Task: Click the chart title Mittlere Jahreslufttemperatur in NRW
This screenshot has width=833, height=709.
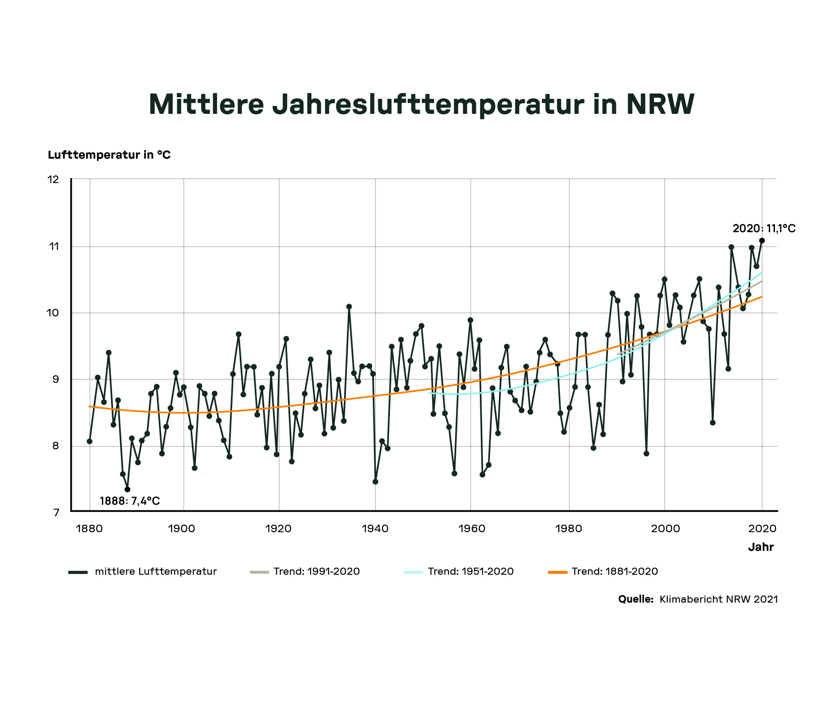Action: (x=421, y=105)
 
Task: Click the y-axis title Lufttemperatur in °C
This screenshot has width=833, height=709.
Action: (x=109, y=155)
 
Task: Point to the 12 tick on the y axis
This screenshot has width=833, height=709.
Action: (x=53, y=179)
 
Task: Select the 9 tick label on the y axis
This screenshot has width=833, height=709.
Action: (x=55, y=379)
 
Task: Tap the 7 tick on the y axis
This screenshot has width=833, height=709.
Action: (x=56, y=513)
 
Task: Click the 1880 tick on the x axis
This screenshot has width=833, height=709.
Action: (x=90, y=529)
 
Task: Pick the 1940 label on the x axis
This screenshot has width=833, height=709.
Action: (x=375, y=529)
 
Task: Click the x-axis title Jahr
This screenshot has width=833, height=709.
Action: (x=761, y=547)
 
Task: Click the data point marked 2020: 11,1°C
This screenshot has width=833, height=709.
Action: (x=762, y=241)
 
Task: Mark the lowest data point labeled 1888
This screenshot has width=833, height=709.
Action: (x=128, y=489)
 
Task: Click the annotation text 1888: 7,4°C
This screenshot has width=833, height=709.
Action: (x=130, y=501)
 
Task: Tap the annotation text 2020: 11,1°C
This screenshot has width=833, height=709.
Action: (x=764, y=229)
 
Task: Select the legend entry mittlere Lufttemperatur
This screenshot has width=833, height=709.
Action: (x=156, y=572)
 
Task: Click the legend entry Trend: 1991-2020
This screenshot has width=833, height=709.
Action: (x=316, y=572)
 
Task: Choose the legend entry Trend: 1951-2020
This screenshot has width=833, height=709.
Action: (x=471, y=572)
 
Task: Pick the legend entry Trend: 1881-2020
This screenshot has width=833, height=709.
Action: (x=615, y=572)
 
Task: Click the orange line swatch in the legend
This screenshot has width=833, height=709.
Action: (x=558, y=572)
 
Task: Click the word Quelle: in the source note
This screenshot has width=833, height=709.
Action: (x=636, y=600)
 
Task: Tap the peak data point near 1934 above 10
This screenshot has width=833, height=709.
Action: (x=349, y=307)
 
